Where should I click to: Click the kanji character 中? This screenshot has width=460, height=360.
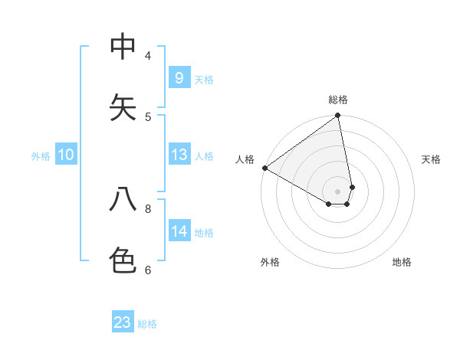click(x=123, y=47)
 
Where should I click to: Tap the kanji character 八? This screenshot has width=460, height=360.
click(x=123, y=199)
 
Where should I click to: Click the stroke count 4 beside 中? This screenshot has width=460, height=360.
click(x=148, y=56)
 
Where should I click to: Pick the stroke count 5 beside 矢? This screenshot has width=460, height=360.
click(x=148, y=116)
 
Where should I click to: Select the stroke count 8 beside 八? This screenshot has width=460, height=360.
click(x=148, y=208)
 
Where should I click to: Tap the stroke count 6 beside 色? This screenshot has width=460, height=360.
click(x=148, y=270)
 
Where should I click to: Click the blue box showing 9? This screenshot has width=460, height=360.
click(x=179, y=77)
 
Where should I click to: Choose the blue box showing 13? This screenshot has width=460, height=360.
click(x=179, y=155)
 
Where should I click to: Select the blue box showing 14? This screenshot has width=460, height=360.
click(x=179, y=231)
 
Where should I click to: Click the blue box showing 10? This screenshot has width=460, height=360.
click(x=66, y=155)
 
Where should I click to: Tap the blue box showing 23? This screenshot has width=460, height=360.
click(x=123, y=322)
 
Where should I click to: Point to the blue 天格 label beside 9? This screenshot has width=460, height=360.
click(x=204, y=80)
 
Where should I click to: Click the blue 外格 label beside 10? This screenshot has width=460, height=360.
click(x=41, y=156)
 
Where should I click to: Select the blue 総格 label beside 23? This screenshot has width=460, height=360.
click(x=147, y=324)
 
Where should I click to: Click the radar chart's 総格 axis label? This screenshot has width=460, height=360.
click(x=338, y=100)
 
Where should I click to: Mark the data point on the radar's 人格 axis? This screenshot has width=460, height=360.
click(x=264, y=168)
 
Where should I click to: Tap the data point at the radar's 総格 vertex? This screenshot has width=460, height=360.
click(x=338, y=116)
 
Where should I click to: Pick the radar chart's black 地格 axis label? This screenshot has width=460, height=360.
click(x=402, y=262)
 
